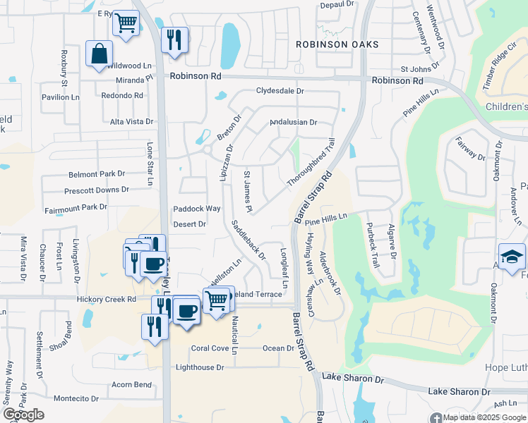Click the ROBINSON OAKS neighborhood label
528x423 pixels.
point(337,44)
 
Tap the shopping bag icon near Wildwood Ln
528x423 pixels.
point(99,54)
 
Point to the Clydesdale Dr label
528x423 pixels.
point(280,91)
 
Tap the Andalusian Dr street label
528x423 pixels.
point(293,122)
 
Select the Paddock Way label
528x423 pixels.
point(197,209)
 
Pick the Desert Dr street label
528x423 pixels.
point(189,224)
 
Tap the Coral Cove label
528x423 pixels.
point(210,348)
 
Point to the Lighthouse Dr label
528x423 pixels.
point(200,367)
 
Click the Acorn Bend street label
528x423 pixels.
point(131,384)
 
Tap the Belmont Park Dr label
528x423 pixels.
point(96,173)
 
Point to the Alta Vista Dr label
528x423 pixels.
point(131,122)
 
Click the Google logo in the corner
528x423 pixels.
point(23,415)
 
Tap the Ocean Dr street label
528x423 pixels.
point(277,348)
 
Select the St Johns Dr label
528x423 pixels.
point(415,69)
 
